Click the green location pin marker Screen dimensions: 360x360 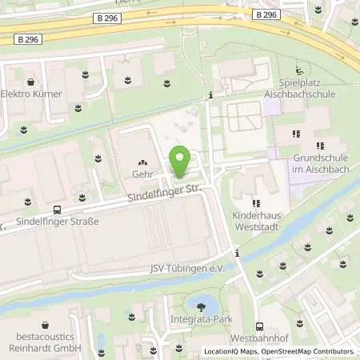click(180, 162)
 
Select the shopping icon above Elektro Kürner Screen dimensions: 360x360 click(30, 82)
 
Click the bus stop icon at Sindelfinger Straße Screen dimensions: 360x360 click(56, 210)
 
